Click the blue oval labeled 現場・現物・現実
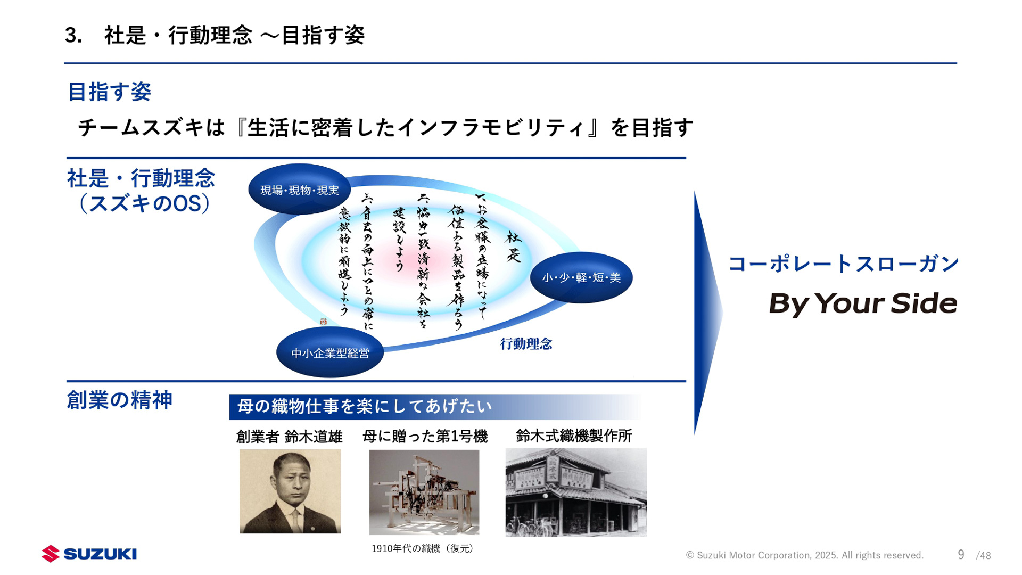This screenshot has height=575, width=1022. click(x=299, y=190)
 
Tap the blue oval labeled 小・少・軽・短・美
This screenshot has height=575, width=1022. click(x=581, y=277)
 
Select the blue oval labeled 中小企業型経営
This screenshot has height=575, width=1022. click(x=330, y=352)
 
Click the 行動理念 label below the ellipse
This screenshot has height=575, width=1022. click(x=526, y=344)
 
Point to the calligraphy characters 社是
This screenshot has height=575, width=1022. click(x=513, y=247)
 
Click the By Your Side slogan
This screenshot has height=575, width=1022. click(x=863, y=303)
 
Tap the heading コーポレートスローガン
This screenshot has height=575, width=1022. click(x=843, y=264)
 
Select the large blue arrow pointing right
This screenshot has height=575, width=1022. click(x=707, y=313)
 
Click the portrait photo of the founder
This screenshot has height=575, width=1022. click(x=290, y=491)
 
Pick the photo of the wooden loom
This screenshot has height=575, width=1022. click(x=424, y=492)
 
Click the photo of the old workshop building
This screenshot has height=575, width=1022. click(x=576, y=492)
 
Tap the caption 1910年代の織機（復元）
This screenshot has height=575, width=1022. click(x=423, y=548)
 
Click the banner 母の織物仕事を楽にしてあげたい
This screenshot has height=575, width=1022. click(x=365, y=407)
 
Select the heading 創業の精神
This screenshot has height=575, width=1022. click(x=119, y=400)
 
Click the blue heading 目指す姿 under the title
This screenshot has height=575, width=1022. click(x=110, y=92)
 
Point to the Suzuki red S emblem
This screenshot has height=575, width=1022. click(x=51, y=554)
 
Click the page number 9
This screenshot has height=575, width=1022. click(x=961, y=555)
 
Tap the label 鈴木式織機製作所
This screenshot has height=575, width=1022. click(x=574, y=436)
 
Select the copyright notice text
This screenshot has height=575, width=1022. click(x=804, y=555)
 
